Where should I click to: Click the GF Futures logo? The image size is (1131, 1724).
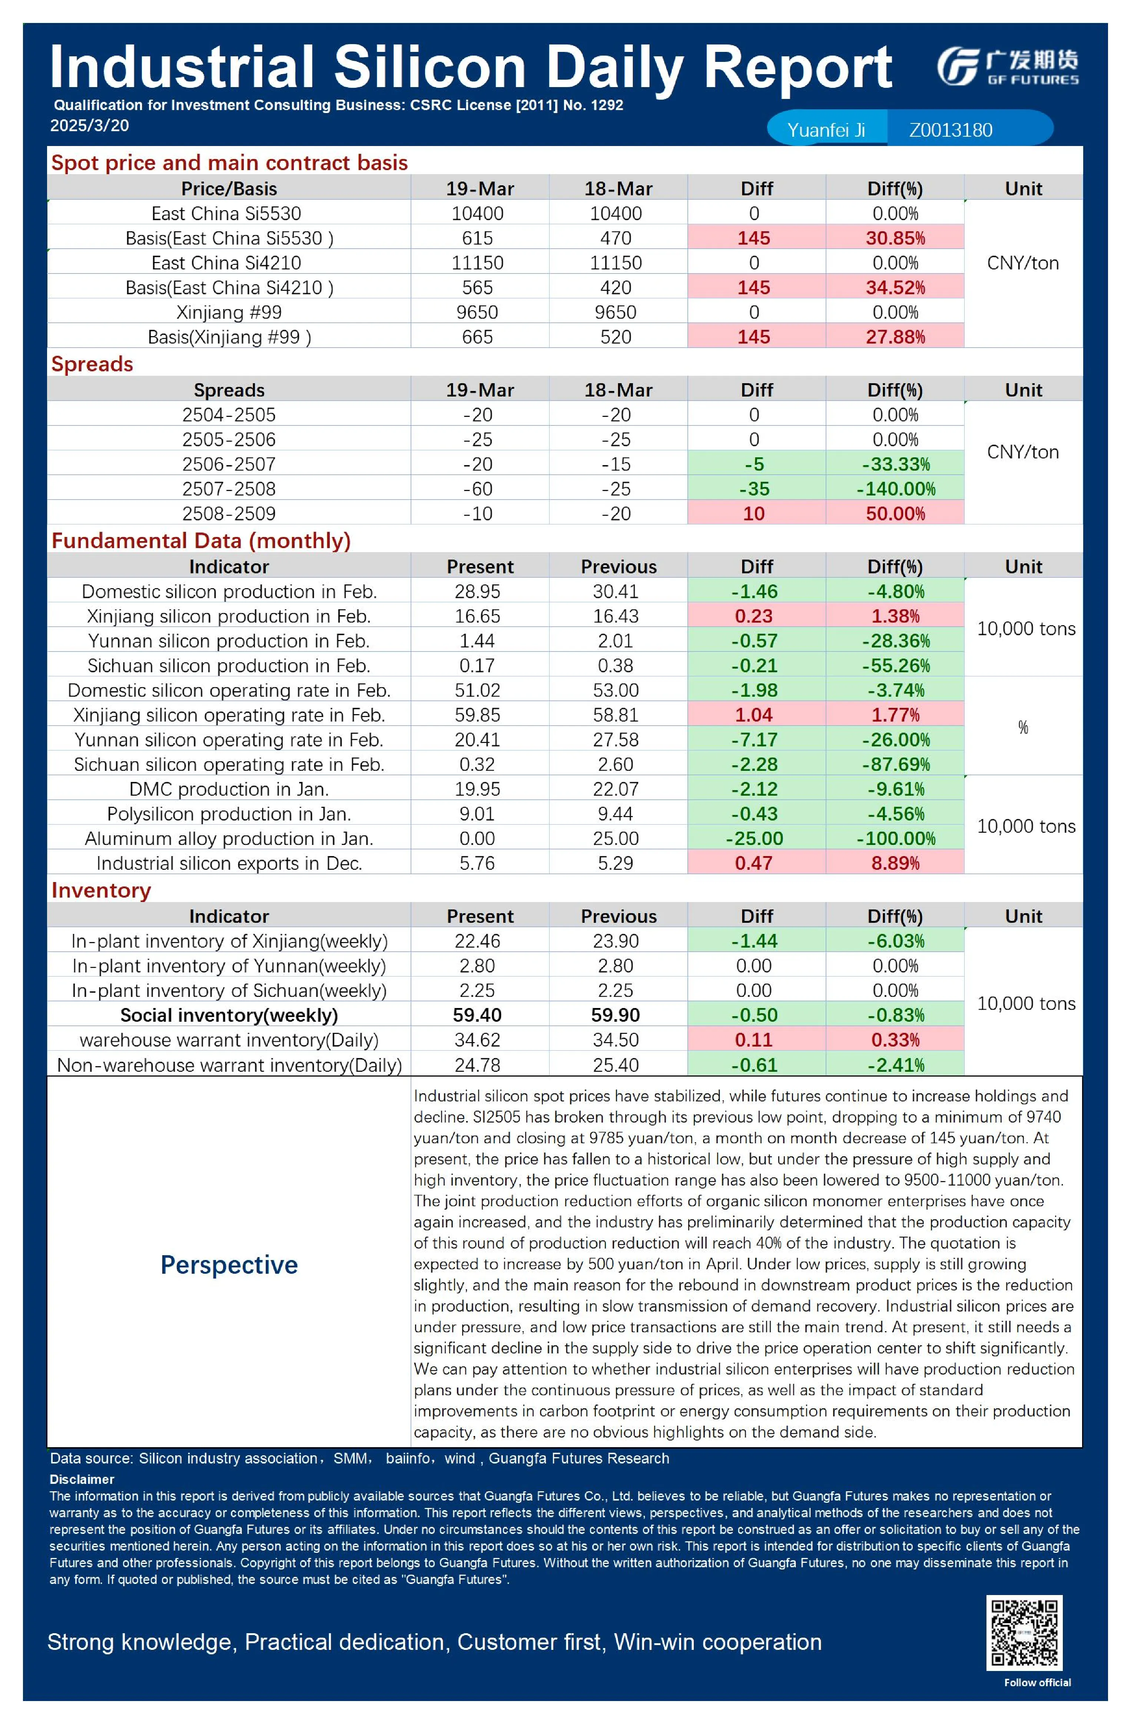click(1007, 67)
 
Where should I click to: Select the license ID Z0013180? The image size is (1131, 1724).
click(951, 130)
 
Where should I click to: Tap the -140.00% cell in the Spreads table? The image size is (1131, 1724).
click(896, 489)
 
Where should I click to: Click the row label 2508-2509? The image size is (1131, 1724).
click(229, 514)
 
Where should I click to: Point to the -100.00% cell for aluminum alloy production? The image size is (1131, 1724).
click(896, 839)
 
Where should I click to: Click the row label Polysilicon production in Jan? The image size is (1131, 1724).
click(229, 814)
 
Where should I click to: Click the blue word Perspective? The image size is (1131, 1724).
click(229, 1265)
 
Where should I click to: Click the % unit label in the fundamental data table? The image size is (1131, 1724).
click(1023, 727)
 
